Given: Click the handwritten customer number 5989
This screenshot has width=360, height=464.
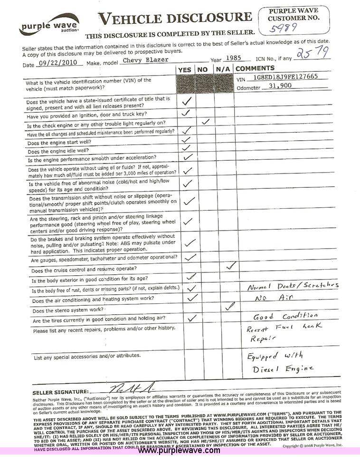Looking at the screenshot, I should coord(284,28).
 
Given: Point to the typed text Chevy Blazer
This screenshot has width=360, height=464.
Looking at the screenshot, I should coord(142,60).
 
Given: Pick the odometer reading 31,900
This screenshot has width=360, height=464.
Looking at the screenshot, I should coord(280,86).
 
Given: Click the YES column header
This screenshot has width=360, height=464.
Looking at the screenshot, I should coord(184,70).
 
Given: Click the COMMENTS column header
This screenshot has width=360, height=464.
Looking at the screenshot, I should coord(255,68).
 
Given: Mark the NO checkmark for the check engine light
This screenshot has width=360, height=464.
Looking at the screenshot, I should coord(206,122).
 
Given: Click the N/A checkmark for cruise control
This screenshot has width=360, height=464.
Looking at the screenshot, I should coord(231,266).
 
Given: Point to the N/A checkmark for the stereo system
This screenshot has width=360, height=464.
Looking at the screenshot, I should coord(230,307).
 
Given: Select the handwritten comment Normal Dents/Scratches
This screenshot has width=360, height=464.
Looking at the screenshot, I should coord(293,286).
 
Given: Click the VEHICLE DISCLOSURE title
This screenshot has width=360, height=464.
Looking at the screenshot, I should coord(175,19).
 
